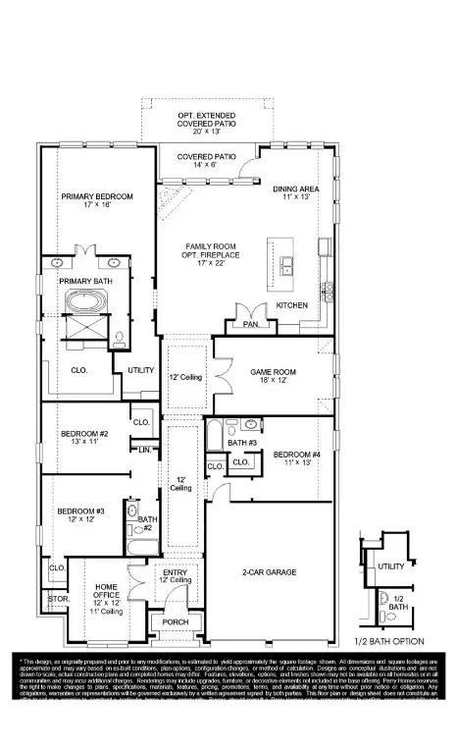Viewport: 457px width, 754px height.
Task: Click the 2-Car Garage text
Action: [x=269, y=571]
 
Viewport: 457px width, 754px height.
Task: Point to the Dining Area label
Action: [x=295, y=192]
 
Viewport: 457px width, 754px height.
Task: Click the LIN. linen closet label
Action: [x=144, y=449]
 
